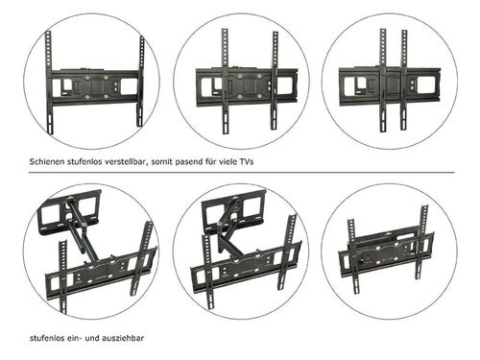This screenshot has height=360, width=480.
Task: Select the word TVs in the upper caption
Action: (246, 161)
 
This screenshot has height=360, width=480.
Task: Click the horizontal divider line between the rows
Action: (241, 172)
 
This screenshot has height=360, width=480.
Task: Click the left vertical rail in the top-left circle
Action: (50, 83)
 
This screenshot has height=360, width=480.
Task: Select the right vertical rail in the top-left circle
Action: (141, 81)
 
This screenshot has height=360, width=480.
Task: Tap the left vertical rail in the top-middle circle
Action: (226, 82)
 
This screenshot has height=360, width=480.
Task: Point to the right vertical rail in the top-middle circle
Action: (275, 80)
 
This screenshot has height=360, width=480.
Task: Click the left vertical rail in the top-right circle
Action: (383, 80)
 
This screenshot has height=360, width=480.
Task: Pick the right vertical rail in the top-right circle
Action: (404, 80)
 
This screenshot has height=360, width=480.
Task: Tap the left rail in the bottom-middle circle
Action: (207, 272)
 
